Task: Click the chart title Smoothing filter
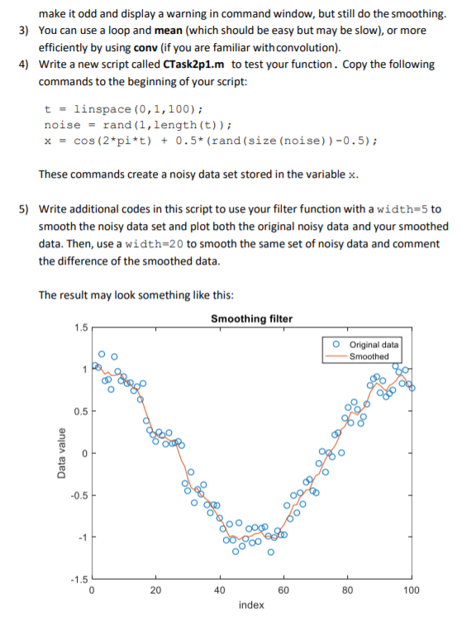point(251,318)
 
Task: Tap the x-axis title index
point(251,605)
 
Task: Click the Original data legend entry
point(373,345)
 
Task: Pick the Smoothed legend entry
point(369,356)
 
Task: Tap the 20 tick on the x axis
point(155,590)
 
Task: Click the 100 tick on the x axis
point(412,590)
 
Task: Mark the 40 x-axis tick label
point(220,590)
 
